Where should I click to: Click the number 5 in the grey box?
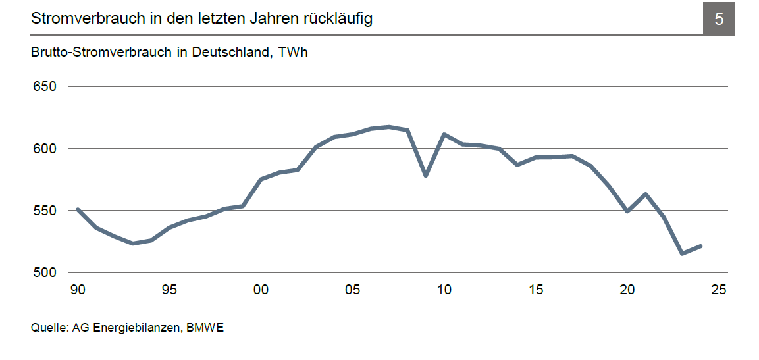(719, 19)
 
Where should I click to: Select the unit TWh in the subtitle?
(293, 53)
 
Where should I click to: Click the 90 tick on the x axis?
(78, 290)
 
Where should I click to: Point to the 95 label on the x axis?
(169, 290)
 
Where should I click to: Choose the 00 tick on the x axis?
(261, 290)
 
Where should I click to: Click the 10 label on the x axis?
(444, 290)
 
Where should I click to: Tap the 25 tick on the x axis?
(720, 290)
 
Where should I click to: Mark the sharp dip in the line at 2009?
(426, 176)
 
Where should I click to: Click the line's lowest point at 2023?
(682, 253)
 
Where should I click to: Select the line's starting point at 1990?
(78, 209)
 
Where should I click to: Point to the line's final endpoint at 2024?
(701, 246)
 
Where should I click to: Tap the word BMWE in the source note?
(205, 328)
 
